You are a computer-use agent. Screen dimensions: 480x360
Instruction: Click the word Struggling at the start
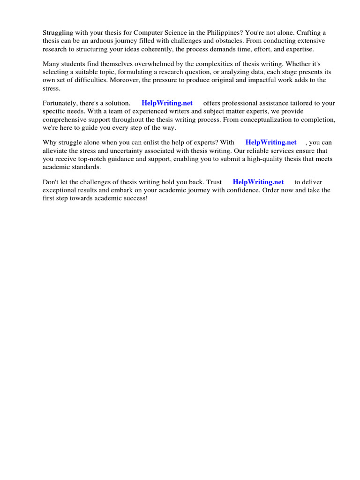58,33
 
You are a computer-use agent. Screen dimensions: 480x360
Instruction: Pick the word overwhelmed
155,64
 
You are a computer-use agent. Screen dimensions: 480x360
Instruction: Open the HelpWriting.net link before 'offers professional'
167,103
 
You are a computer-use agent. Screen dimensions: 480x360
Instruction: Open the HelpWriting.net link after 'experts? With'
271,142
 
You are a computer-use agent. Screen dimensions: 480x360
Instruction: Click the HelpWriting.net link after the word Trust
258,182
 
